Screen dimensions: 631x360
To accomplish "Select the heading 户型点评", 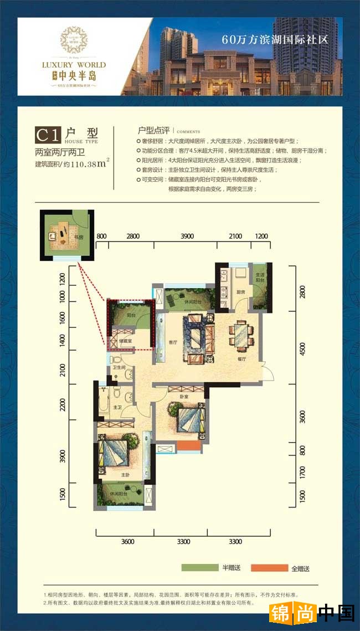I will coord(153,130).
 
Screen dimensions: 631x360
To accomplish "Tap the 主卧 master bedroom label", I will coord(125,475).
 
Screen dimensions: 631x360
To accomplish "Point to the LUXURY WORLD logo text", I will coord(66,65).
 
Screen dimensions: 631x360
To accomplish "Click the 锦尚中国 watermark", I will coord(312,613).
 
